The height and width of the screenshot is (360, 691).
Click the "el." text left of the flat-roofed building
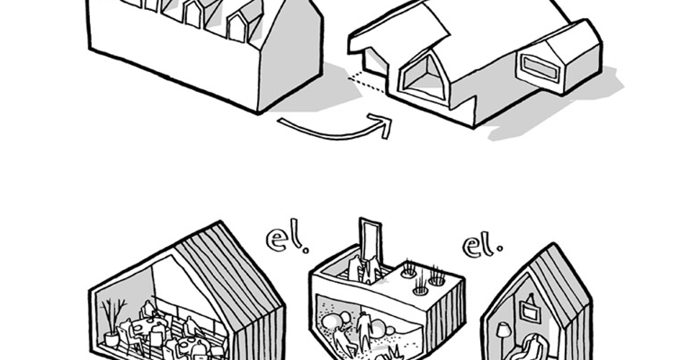287,240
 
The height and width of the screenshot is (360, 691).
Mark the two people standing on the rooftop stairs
363,270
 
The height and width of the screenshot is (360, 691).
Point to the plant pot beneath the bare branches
112,339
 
